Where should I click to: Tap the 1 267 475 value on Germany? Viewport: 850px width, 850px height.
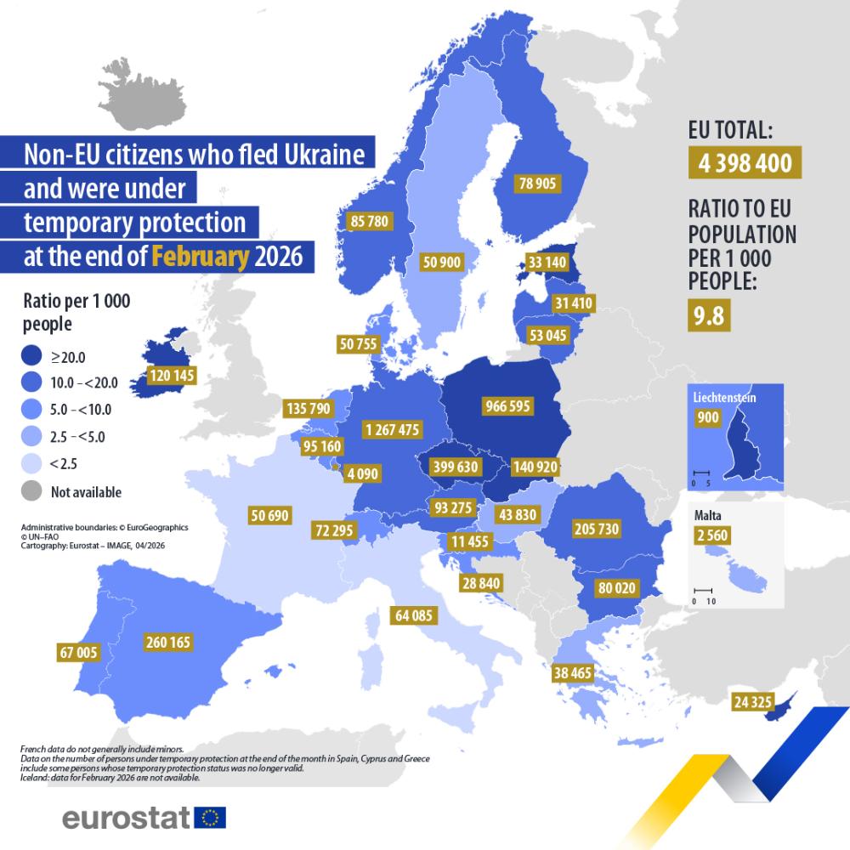click(x=391, y=429)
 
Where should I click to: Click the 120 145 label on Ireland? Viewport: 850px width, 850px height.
click(x=172, y=374)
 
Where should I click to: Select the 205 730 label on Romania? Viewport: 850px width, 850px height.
click(x=597, y=529)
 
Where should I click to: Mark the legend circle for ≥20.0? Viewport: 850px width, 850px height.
click(x=31, y=357)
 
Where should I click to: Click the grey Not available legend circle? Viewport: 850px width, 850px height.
click(x=31, y=491)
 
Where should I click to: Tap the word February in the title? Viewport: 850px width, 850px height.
click(x=201, y=257)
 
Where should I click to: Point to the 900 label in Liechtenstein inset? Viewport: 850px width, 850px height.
click(x=707, y=417)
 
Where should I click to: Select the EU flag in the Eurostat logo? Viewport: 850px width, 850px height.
click(x=210, y=818)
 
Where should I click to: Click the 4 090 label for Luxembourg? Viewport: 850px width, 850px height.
click(x=360, y=473)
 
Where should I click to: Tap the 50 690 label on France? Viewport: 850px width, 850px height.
click(x=270, y=514)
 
